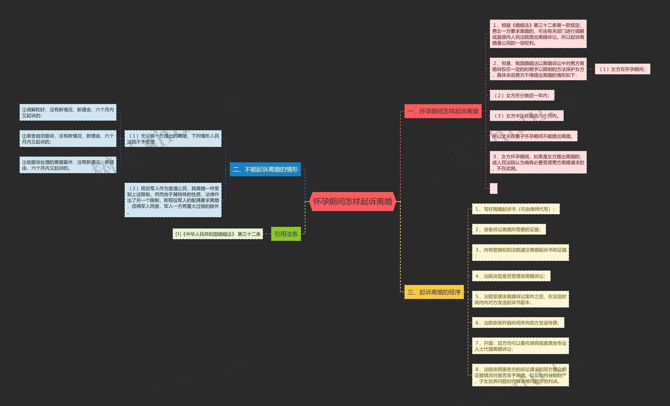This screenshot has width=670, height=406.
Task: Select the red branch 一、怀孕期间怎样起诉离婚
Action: click(443, 111)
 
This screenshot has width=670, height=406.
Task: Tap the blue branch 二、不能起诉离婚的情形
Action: click(265, 169)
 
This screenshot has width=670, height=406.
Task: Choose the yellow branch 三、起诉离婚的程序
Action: click(434, 292)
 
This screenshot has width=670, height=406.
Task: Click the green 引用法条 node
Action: click(286, 234)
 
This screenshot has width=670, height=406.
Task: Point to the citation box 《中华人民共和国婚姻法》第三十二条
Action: click(217, 234)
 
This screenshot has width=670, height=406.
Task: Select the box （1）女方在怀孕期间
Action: click(622, 69)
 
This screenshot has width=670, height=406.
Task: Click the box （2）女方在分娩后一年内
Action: click(522, 96)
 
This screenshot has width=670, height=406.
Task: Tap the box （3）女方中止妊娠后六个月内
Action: click(526, 116)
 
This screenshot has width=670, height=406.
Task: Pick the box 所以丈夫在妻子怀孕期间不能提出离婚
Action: click(533, 136)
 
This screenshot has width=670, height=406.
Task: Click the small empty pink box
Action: click(494, 188)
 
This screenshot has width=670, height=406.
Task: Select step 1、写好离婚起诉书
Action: click(516, 209)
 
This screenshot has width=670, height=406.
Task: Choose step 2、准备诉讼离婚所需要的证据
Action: click(509, 230)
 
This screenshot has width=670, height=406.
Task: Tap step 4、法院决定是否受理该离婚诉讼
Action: click(511, 276)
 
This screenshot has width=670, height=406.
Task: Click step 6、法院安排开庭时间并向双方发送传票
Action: click(518, 323)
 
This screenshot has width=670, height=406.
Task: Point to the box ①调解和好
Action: click(68, 113)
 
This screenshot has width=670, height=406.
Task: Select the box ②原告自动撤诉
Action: click(68, 139)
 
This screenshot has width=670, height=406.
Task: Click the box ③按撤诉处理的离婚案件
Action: click(68, 165)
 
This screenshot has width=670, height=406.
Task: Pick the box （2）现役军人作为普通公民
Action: click(173, 200)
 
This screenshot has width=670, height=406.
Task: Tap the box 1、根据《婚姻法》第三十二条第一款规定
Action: click(538, 34)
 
